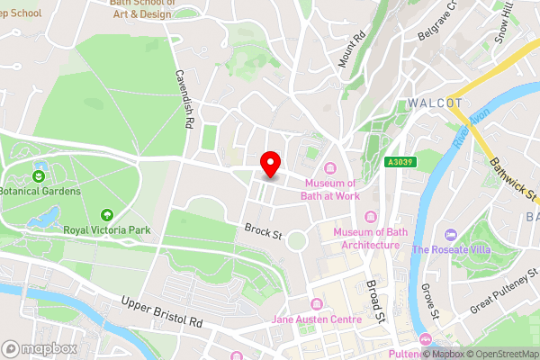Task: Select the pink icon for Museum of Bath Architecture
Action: click(371, 216)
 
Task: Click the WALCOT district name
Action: click(435, 102)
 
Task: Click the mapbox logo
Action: click(39, 348)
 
